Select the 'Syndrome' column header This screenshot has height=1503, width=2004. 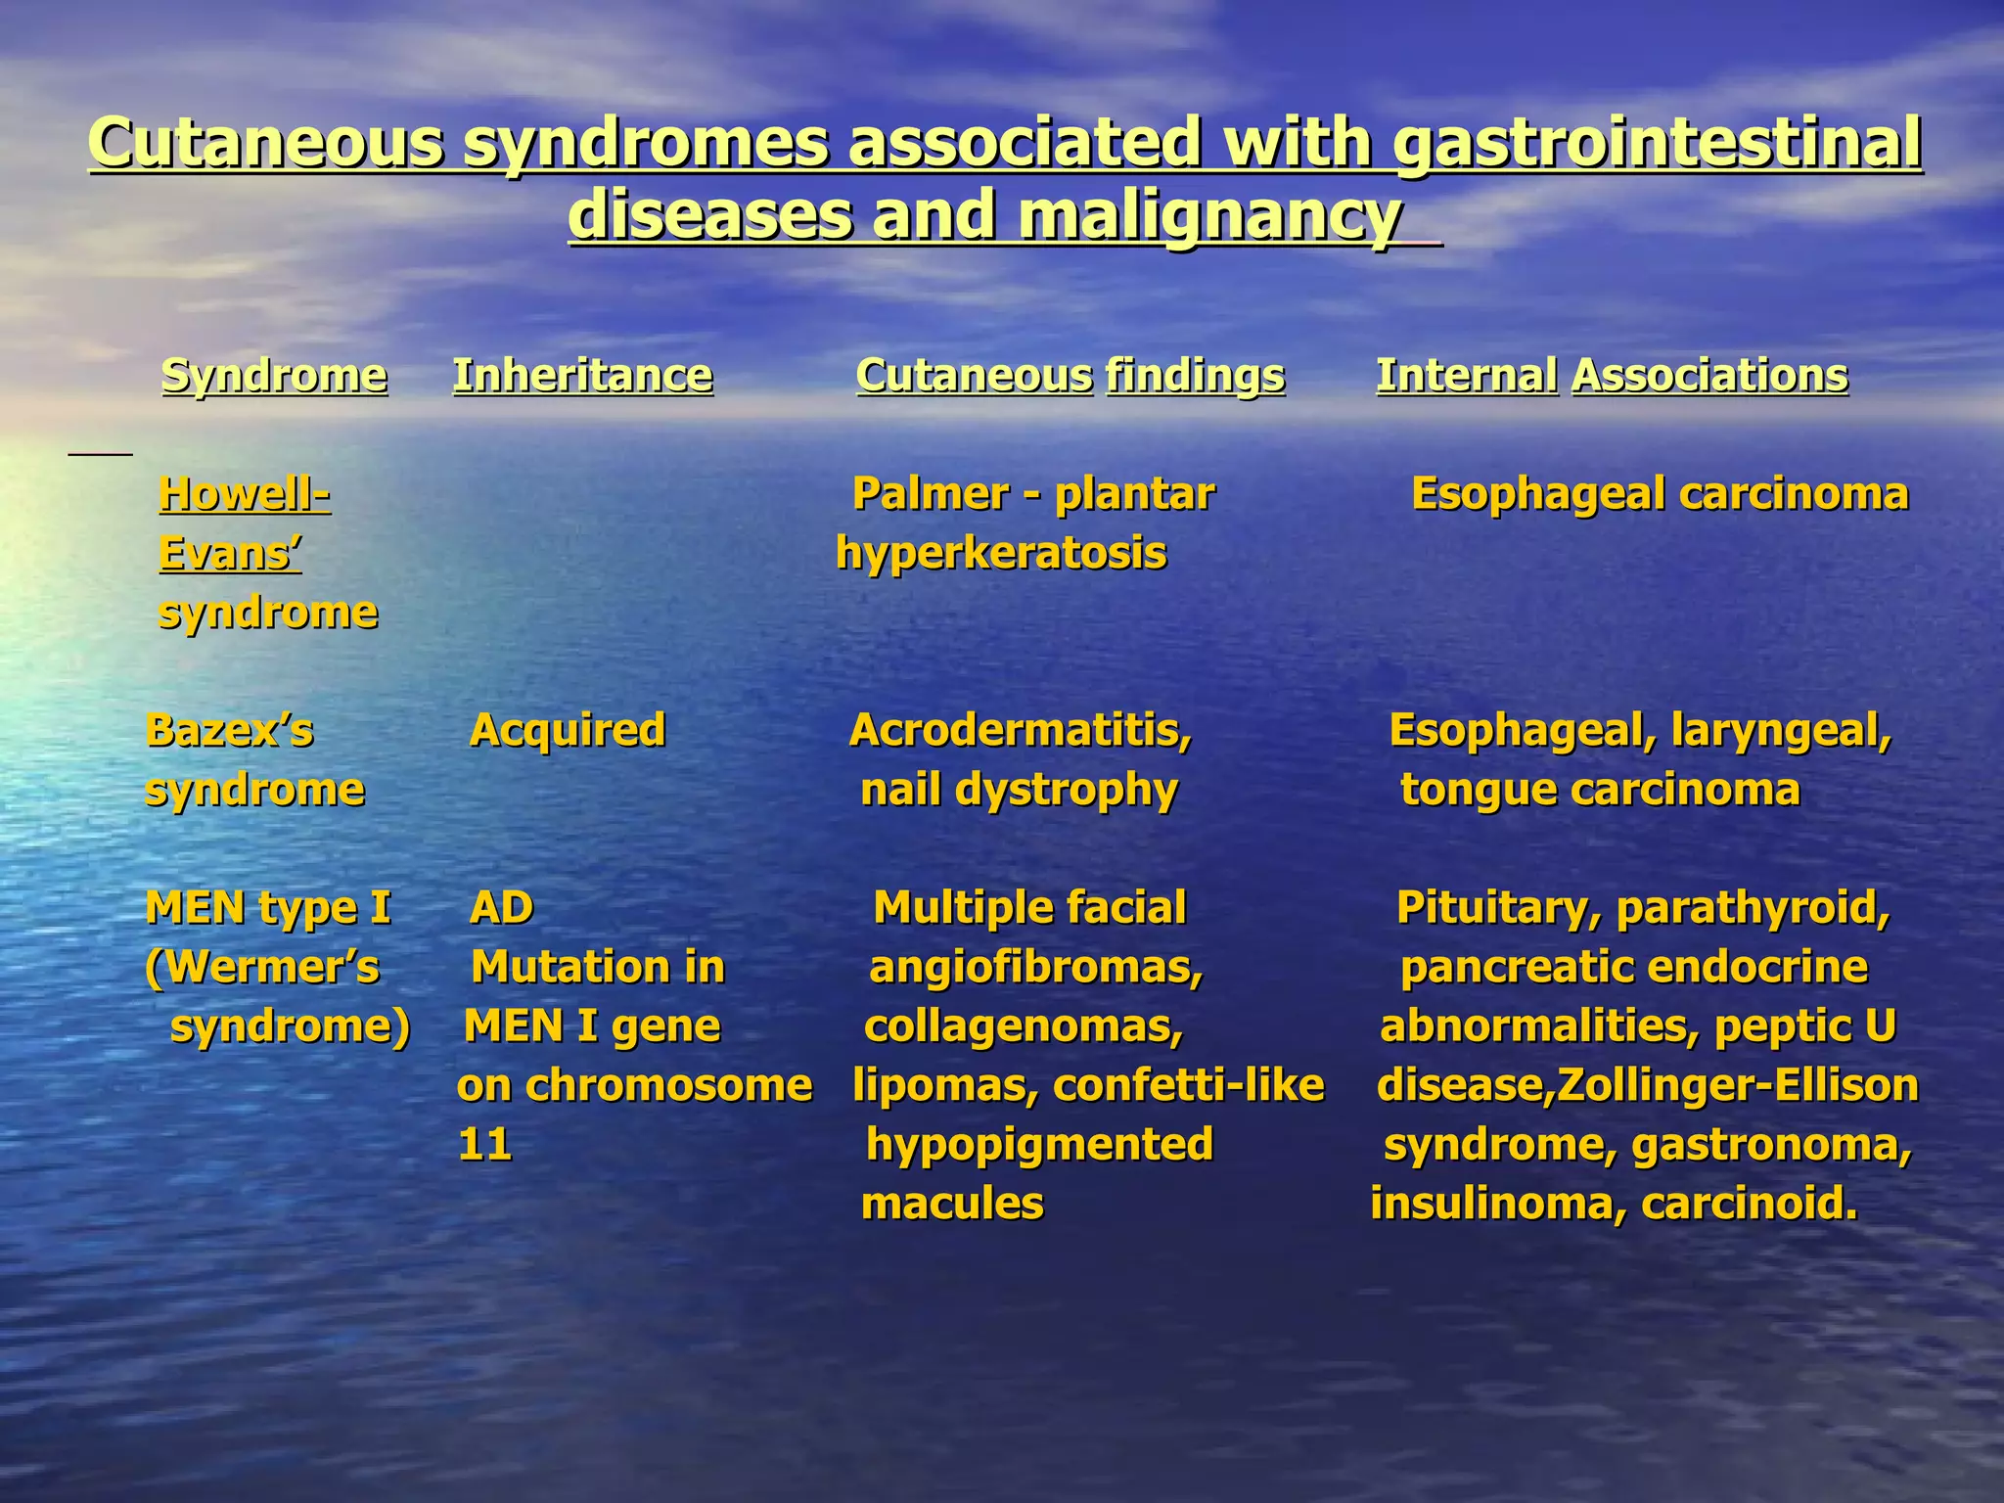tap(274, 376)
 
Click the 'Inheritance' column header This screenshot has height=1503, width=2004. tap(582, 376)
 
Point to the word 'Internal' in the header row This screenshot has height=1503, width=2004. tap(1467, 376)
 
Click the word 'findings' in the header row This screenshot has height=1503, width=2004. tap(1195, 376)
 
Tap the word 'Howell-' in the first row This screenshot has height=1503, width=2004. tap(244, 494)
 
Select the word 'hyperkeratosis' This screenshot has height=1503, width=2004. tap(1001, 554)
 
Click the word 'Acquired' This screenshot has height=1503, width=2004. tap(568, 730)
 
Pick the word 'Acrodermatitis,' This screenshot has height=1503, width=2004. tap(1021, 730)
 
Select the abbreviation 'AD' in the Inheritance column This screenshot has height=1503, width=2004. tap(502, 908)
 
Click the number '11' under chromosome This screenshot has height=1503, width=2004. tap(485, 1145)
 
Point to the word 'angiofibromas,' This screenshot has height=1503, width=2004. tap(1036, 968)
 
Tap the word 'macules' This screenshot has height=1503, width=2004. tap(952, 1205)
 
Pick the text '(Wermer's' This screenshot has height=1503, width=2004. tap(261, 968)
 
